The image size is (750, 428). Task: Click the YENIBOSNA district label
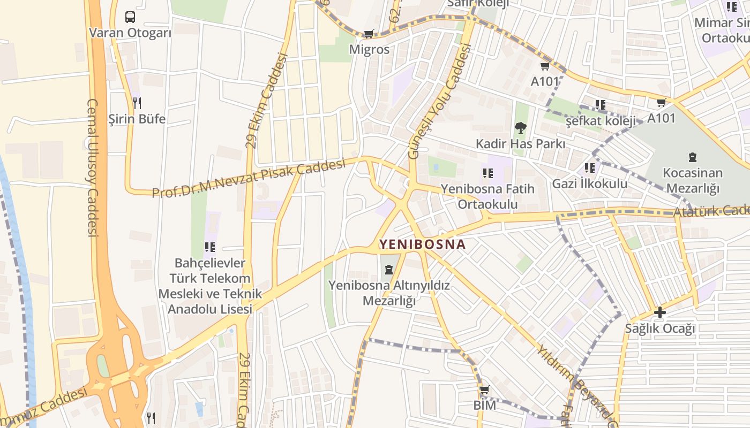point(422,244)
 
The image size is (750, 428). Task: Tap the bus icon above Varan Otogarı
point(130,17)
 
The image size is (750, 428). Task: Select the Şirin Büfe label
point(137,118)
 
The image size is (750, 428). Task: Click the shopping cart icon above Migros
point(369,34)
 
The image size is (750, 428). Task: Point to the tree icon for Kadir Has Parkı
point(520,128)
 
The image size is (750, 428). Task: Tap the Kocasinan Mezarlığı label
point(692,180)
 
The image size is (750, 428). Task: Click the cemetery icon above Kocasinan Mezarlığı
point(693,157)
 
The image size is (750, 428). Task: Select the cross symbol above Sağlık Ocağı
point(659,312)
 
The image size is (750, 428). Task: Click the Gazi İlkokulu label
point(590,184)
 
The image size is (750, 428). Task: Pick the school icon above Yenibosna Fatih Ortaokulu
point(487,173)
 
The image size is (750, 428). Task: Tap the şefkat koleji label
point(601,121)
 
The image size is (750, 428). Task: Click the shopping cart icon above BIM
point(484,390)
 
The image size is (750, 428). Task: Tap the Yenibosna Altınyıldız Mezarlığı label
point(389,293)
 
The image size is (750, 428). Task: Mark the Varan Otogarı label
point(130,33)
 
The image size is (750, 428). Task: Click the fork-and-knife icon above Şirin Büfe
point(137,102)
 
